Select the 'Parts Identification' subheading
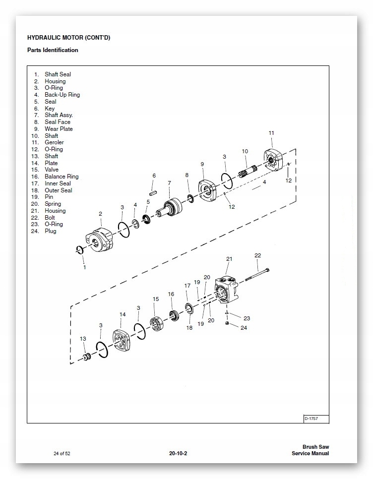click(53, 50)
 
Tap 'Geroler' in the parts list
click(54, 142)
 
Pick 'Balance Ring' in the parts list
click(62, 177)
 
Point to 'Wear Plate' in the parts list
click(59, 129)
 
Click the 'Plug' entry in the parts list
click(51, 231)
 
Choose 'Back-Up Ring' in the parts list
click(62, 95)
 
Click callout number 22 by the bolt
click(257, 255)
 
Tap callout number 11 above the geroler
click(271, 133)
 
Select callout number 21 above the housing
click(229, 259)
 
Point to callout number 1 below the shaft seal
click(84, 267)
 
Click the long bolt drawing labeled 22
click(255, 273)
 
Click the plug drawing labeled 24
click(227, 324)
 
